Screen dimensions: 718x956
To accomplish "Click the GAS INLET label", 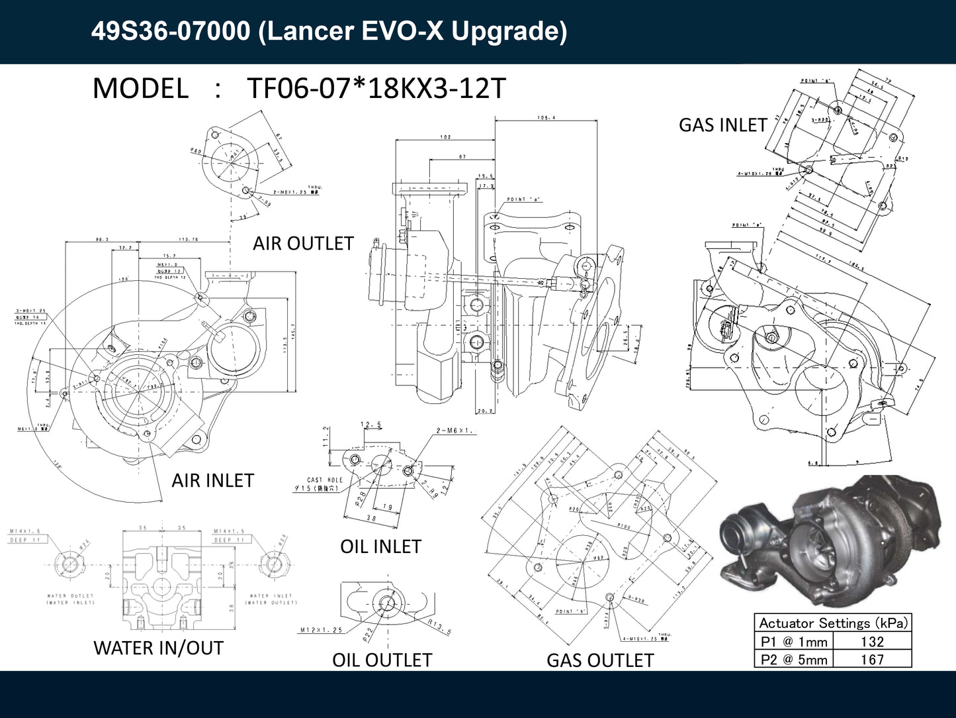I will click(722, 125).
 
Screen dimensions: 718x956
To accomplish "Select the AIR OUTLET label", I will click(303, 243).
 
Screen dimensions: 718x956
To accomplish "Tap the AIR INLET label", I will click(212, 480).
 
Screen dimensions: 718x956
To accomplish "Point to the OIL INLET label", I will click(380, 546).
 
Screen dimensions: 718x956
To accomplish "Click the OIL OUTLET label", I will click(382, 660).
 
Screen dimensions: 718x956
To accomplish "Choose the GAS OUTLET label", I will click(599, 660).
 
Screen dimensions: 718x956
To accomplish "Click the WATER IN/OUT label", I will click(158, 648).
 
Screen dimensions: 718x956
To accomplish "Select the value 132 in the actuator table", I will click(872, 641).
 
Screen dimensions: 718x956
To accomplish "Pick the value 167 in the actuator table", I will click(872, 659).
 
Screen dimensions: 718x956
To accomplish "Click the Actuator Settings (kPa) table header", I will click(833, 623).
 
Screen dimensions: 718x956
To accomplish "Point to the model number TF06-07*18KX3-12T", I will click(376, 88).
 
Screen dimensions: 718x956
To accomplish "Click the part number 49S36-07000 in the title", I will click(171, 31).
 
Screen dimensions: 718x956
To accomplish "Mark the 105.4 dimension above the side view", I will click(546, 118).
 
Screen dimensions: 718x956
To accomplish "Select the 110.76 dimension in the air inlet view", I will click(188, 239).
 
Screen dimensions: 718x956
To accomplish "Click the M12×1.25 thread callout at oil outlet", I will click(322, 630).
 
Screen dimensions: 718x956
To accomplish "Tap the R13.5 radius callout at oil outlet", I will click(439, 627).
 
